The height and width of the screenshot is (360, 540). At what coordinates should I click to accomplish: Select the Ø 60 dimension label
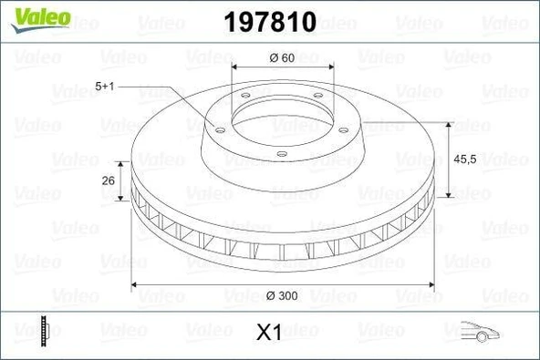click(x=281, y=59)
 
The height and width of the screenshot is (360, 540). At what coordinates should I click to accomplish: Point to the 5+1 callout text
click(x=106, y=85)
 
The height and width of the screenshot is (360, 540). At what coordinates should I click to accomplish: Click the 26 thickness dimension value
click(x=108, y=180)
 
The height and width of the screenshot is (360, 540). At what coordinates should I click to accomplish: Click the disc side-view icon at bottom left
click(x=43, y=330)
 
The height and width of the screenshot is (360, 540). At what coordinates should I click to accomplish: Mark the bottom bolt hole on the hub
click(x=281, y=153)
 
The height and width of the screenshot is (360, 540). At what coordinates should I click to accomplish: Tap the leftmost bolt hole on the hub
click(x=219, y=129)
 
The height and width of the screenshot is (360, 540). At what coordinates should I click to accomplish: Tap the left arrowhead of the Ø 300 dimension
click(x=138, y=286)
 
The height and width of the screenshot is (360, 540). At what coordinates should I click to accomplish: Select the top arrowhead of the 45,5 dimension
click(x=447, y=122)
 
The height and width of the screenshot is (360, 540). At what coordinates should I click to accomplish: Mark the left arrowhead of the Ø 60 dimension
click(x=235, y=68)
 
